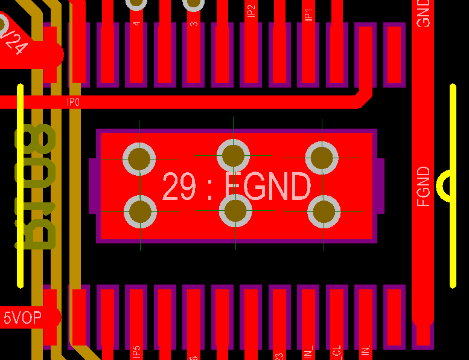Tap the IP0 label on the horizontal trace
coord(73,103)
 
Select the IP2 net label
coord(251,11)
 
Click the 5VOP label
coord(23,318)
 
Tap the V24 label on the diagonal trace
coord(13,42)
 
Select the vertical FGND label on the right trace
coord(424,187)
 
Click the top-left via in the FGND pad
coord(139,158)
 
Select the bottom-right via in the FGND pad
coord(324,211)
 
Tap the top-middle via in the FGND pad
coord(233,155)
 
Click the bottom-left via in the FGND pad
coord(140,212)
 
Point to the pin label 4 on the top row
coord(136,24)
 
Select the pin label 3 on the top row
coord(193,24)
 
